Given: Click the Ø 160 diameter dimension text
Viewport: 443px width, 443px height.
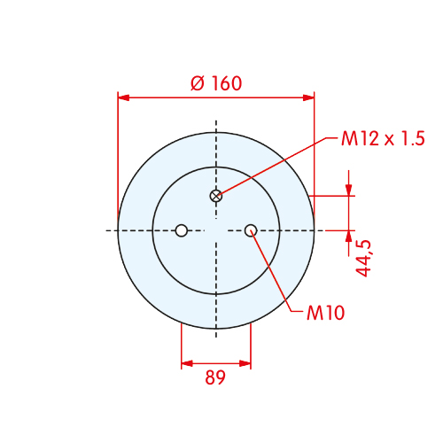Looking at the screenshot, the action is point(216,83).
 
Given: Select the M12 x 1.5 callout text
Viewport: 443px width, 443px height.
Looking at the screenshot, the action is point(383,138).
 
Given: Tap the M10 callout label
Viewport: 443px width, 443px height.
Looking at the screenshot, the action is point(325,313).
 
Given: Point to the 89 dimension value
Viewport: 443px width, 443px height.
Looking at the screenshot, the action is point(215,377).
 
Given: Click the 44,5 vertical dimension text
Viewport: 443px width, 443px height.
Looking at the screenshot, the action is point(363,258).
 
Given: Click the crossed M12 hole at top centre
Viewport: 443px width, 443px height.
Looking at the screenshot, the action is point(216,196).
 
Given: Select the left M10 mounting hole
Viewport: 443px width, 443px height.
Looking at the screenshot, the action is point(182,230).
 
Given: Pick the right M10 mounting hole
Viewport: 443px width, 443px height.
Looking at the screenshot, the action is point(251,230).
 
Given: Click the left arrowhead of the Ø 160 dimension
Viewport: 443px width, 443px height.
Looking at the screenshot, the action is point(124,97).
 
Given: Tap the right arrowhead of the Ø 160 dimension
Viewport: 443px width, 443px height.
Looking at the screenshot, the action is point(308,97).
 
